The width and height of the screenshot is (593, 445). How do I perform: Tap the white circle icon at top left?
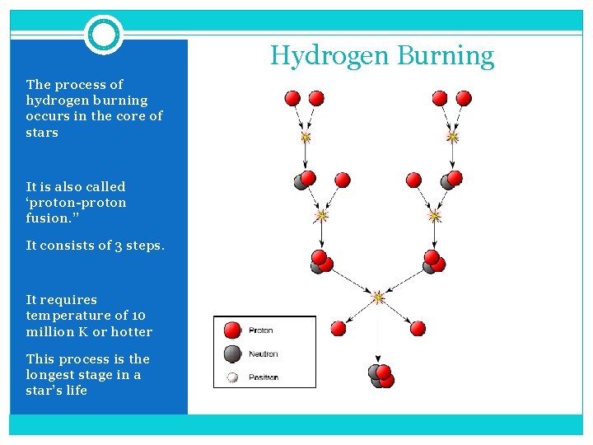pyautogui.click(x=104, y=35)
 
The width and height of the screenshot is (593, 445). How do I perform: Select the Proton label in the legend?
pyautogui.click(x=261, y=330)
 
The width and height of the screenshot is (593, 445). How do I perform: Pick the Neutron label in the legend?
pyautogui.click(x=264, y=354)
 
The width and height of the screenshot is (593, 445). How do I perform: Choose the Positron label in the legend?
pyautogui.click(x=264, y=377)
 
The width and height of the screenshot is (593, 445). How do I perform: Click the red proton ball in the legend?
pyautogui.click(x=233, y=330)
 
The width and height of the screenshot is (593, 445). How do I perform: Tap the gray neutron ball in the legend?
pyautogui.click(x=233, y=354)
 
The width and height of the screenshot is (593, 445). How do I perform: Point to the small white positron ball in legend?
pyautogui.click(x=233, y=377)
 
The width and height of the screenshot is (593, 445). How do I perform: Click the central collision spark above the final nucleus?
pyautogui.click(x=378, y=297)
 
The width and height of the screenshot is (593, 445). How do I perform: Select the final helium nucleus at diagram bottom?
pyautogui.click(x=381, y=376)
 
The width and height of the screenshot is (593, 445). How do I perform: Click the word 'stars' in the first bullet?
pyautogui.click(x=42, y=133)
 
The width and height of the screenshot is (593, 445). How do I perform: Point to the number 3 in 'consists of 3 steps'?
pyautogui.click(x=114, y=245)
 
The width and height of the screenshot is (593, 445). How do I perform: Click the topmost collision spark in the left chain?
pyautogui.click(x=306, y=136)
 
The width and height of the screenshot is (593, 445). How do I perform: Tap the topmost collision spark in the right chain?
pyautogui.click(x=451, y=135)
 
